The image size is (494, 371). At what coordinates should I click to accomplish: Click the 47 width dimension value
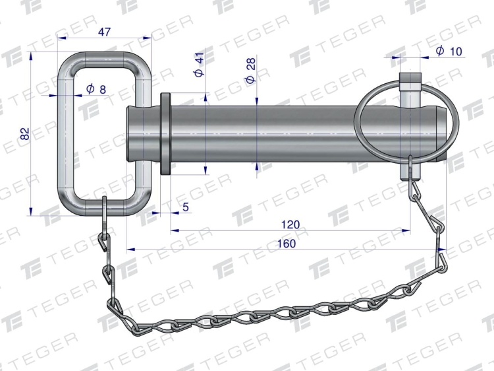104,32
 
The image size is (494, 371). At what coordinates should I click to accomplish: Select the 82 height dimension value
24,133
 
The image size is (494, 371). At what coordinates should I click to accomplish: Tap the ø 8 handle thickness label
96,89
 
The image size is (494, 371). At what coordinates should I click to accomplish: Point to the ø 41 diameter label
199,65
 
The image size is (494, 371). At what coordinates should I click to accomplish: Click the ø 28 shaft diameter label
251,71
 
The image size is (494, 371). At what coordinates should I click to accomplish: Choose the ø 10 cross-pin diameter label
449,51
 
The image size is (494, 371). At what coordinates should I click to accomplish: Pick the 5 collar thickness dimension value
186,207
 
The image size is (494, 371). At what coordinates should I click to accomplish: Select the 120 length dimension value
290,224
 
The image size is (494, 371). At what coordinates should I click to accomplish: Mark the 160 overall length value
287,244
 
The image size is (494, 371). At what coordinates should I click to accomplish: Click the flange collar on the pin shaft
165,133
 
